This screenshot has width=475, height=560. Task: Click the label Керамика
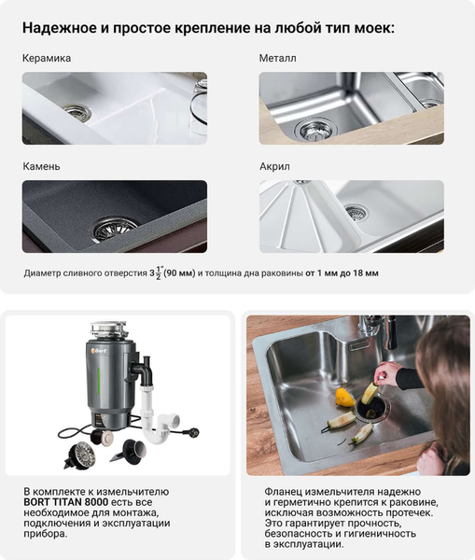tap(47, 58)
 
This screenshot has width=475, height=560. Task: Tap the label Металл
tap(277, 58)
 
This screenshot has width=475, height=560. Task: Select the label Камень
tap(41, 166)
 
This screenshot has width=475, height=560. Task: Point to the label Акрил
tap(274, 167)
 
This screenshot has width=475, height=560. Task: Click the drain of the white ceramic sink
tap(77, 113)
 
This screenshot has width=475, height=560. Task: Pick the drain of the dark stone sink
tap(114, 228)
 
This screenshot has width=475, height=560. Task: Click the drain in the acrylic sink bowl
tap(356, 213)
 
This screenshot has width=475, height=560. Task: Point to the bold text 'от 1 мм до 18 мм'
tap(342, 273)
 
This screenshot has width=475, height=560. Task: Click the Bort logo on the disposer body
tap(99, 351)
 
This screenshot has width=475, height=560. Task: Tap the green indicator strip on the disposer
tap(99, 382)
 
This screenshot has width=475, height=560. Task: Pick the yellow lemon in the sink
tap(345, 398)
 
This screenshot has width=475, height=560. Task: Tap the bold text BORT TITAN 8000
tap(65, 502)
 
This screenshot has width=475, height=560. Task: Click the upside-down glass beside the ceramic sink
tap(198, 106)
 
